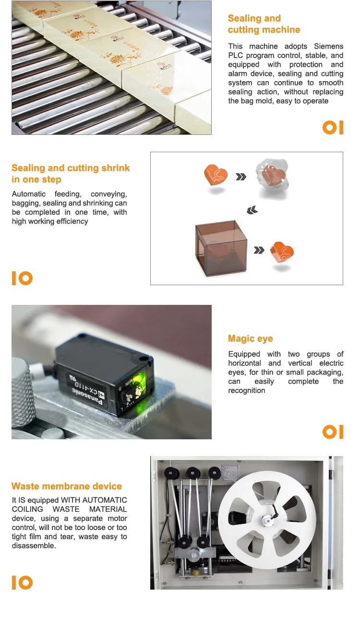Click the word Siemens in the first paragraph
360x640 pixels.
tap(329, 46)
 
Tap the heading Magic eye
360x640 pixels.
tap(250, 338)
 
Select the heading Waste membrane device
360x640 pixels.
tap(67, 486)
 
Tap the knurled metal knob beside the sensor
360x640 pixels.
tap(23, 391)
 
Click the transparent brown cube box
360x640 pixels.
tap(221, 248)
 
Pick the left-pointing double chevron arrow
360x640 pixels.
tap(252, 210)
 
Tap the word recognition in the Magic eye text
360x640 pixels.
tap(247, 390)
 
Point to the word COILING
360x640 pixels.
tap(27, 509)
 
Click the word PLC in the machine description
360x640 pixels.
tap(235, 55)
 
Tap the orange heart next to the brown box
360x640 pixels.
tap(282, 252)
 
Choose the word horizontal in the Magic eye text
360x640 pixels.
tap(245, 363)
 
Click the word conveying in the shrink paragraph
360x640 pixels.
tap(109, 194)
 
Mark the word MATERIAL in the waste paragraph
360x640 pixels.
tap(108, 509)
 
